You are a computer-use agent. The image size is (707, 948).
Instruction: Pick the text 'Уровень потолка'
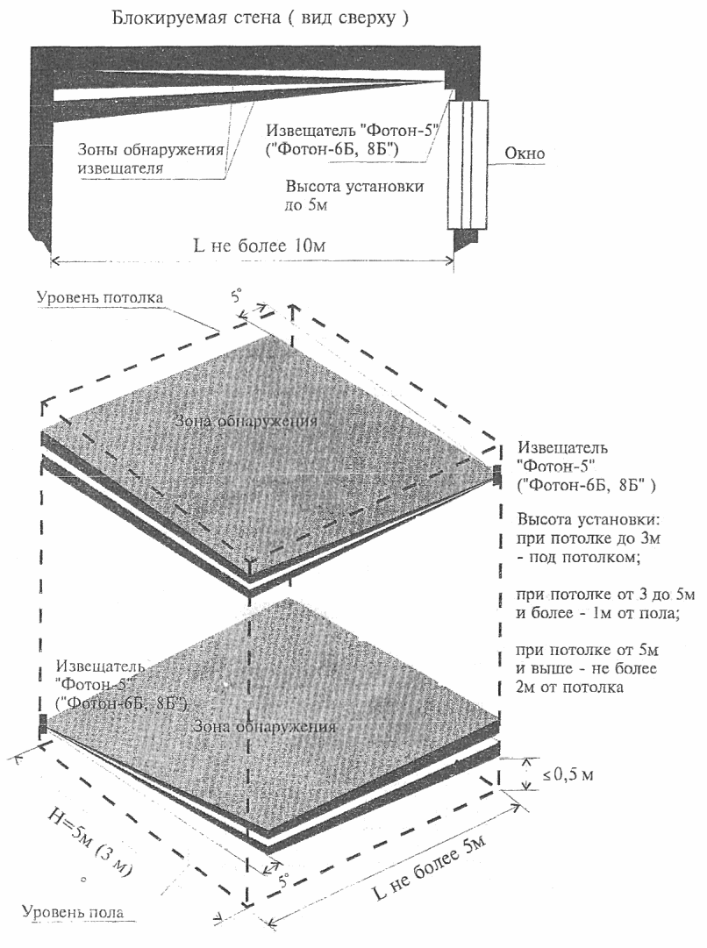(99, 296)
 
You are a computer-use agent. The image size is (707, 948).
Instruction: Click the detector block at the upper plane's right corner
(497, 476)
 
